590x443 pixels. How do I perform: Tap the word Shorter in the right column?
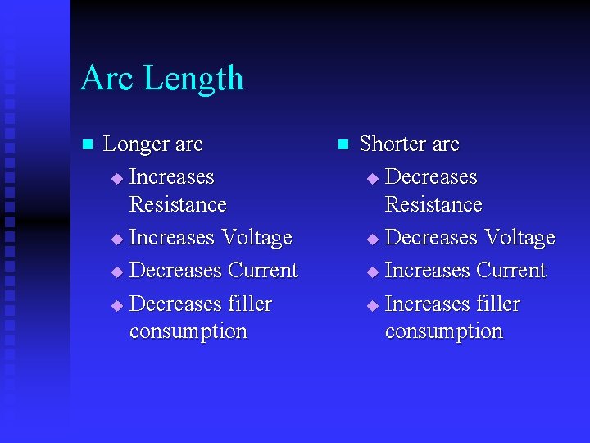pyautogui.click(x=393, y=144)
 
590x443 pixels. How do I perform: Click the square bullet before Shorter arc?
pyautogui.click(x=343, y=145)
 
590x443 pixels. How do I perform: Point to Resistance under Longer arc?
pyautogui.click(x=178, y=204)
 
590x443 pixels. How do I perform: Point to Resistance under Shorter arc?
pyautogui.click(x=433, y=204)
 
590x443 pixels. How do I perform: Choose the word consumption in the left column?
pyautogui.click(x=188, y=331)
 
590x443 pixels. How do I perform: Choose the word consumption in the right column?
pyautogui.click(x=444, y=331)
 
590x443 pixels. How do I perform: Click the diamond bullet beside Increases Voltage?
pyautogui.click(x=116, y=240)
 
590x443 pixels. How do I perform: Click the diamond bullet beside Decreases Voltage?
pyautogui.click(x=373, y=240)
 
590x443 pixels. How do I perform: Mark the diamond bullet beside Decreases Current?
pyautogui.click(x=116, y=272)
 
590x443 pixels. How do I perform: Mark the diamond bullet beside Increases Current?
pyautogui.click(x=373, y=272)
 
